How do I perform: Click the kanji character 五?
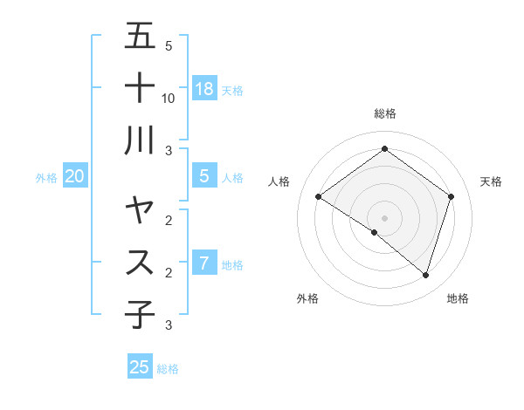(140, 37)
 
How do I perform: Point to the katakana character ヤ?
(140, 211)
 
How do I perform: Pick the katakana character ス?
(140, 263)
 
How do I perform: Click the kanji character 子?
(140, 314)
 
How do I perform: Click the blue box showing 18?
(204, 88)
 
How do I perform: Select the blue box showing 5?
(204, 176)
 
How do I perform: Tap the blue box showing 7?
(204, 263)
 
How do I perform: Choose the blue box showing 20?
(75, 176)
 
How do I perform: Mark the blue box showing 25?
(140, 366)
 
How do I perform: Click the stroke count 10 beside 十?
(169, 98)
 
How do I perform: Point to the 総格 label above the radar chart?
(384, 113)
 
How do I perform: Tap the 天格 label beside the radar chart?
(491, 181)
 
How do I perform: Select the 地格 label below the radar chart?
(458, 298)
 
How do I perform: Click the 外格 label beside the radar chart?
(307, 298)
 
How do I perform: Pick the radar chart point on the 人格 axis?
(318, 197)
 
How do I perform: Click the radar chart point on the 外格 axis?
(374, 233)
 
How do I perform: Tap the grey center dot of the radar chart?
(384, 217)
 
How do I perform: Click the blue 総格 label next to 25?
(168, 369)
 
